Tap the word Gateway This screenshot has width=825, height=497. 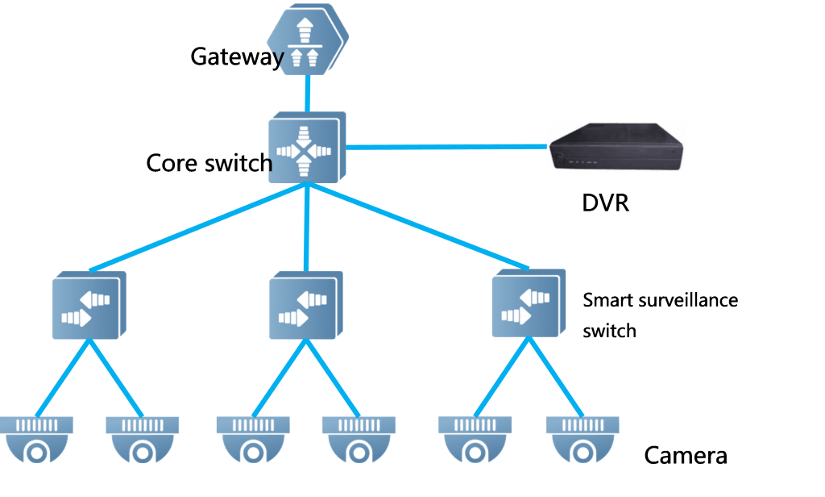[x=237, y=56]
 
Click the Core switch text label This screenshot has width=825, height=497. [x=209, y=163]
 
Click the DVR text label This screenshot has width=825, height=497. [x=605, y=203]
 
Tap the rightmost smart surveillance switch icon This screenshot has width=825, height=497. [x=527, y=304]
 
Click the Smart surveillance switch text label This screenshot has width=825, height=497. [x=660, y=315]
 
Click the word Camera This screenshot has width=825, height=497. [x=685, y=456]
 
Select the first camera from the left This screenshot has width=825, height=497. [x=37, y=440]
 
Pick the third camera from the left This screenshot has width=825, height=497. [x=252, y=440]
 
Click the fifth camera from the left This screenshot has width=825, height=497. [x=475, y=440]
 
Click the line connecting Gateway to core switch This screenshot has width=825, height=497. [x=307, y=93]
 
